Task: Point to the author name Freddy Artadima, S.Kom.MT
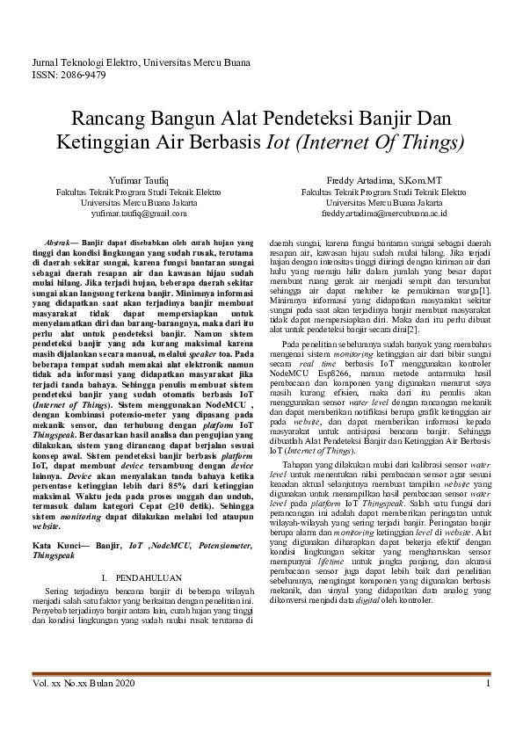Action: pyautogui.click(x=384, y=179)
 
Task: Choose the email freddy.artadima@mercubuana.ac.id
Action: pyautogui.click(x=384, y=213)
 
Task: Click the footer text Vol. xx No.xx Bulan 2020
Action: pyautogui.click(x=82, y=683)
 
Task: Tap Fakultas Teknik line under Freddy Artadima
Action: pyautogui.click(x=384, y=191)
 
